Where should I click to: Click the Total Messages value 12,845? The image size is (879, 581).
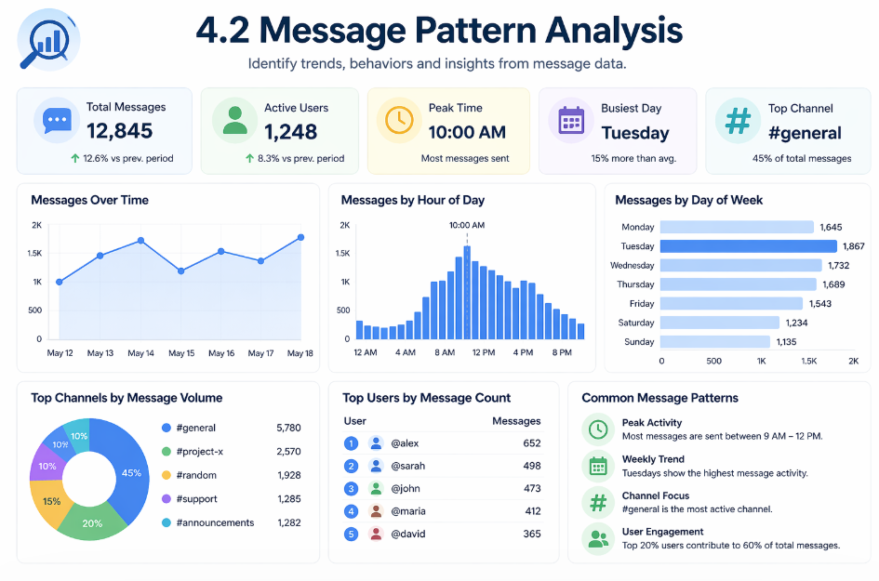(x=120, y=132)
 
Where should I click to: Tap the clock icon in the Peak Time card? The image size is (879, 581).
(x=398, y=120)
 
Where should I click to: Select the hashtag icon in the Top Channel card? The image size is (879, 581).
(x=738, y=121)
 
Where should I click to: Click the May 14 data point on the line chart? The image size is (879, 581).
(x=140, y=241)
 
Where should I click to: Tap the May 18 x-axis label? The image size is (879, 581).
(x=300, y=353)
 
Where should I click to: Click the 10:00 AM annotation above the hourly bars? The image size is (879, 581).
(x=467, y=225)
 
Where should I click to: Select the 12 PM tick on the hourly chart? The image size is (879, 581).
(x=483, y=353)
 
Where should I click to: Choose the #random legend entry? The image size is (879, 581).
(x=195, y=475)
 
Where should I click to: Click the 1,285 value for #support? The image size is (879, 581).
(x=289, y=499)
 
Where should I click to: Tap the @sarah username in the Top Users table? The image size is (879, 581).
(x=407, y=466)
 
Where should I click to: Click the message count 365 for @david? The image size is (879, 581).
(x=531, y=534)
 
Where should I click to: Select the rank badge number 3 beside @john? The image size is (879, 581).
(x=351, y=489)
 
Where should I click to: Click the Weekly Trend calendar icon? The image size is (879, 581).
(x=595, y=466)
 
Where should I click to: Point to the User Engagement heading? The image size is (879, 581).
(x=662, y=532)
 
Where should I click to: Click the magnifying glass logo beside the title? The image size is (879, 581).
(x=48, y=39)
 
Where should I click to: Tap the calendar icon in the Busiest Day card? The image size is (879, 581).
(x=570, y=121)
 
